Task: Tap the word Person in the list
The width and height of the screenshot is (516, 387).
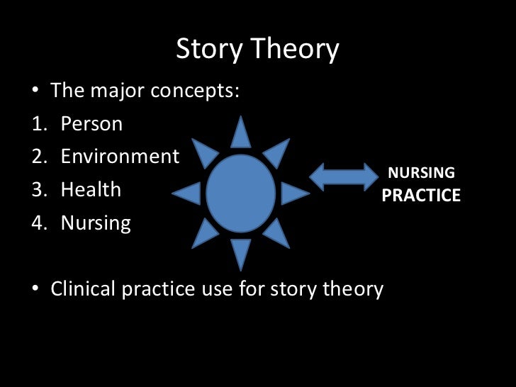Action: [x=91, y=124]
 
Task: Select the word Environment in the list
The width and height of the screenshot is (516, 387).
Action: [x=120, y=156]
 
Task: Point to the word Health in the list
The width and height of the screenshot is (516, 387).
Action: [x=91, y=190]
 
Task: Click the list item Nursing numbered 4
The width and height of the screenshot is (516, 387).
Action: [x=96, y=224]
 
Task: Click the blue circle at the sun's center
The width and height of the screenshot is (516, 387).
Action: [x=240, y=190]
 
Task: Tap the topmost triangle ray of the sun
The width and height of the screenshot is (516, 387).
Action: [x=241, y=134]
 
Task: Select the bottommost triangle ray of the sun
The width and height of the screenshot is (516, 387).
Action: [x=241, y=252]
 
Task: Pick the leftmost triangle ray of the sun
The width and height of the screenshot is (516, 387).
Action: [x=188, y=192]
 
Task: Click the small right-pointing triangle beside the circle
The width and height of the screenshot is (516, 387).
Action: [x=293, y=192]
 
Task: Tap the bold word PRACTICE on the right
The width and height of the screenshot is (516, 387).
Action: [x=421, y=195]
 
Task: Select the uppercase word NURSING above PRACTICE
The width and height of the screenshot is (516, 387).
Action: [x=421, y=173]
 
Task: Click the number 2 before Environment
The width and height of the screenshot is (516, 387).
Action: [x=37, y=156]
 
